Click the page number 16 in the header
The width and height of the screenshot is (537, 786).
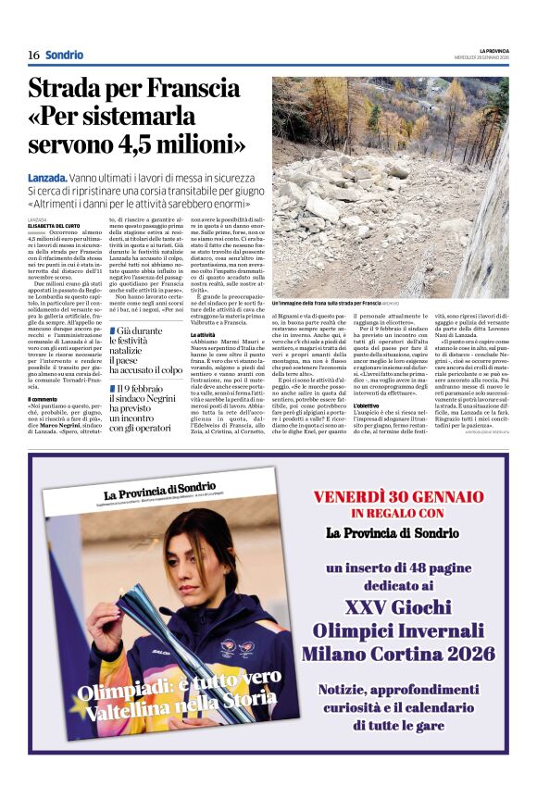point(32,56)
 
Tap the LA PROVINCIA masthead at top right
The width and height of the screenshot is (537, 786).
point(493,50)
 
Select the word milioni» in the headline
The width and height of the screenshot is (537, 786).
point(195,144)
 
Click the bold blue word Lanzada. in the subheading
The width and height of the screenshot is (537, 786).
point(47,177)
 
